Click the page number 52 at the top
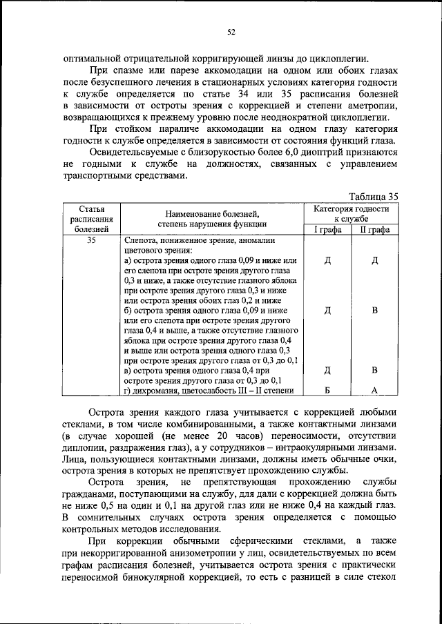(x=232, y=30)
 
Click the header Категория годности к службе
(x=351, y=213)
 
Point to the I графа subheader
(x=327, y=230)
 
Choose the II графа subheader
(x=375, y=230)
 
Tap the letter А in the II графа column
(x=375, y=391)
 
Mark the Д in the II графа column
(x=375, y=261)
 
